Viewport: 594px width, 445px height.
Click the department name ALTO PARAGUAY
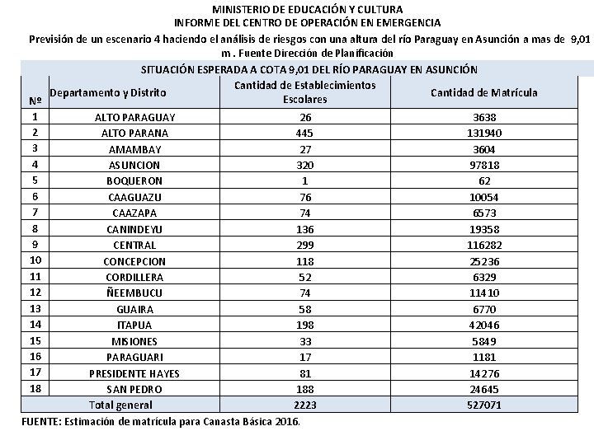(x=134, y=117)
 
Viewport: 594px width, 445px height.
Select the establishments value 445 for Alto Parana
(x=305, y=133)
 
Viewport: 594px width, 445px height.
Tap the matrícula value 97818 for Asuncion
(x=484, y=165)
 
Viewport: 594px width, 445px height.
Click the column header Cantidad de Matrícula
(x=483, y=92)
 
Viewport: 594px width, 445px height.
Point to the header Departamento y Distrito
(x=108, y=92)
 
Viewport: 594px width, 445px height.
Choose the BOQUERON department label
(x=134, y=180)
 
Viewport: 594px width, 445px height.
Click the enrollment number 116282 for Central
(x=484, y=245)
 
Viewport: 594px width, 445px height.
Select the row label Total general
(x=120, y=405)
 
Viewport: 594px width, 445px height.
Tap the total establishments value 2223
(x=305, y=405)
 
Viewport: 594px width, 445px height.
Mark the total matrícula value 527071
(x=484, y=405)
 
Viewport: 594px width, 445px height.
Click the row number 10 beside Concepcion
(x=35, y=260)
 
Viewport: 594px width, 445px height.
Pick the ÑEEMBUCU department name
(x=134, y=293)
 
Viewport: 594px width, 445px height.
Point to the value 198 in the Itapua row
(x=305, y=325)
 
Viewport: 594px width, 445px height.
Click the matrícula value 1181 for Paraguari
(x=484, y=357)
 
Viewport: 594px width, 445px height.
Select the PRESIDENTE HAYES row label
(x=134, y=372)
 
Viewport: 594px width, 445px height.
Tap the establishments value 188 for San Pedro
(x=305, y=389)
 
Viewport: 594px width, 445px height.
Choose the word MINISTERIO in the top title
(x=238, y=9)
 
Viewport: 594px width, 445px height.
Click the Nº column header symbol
(x=35, y=101)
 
